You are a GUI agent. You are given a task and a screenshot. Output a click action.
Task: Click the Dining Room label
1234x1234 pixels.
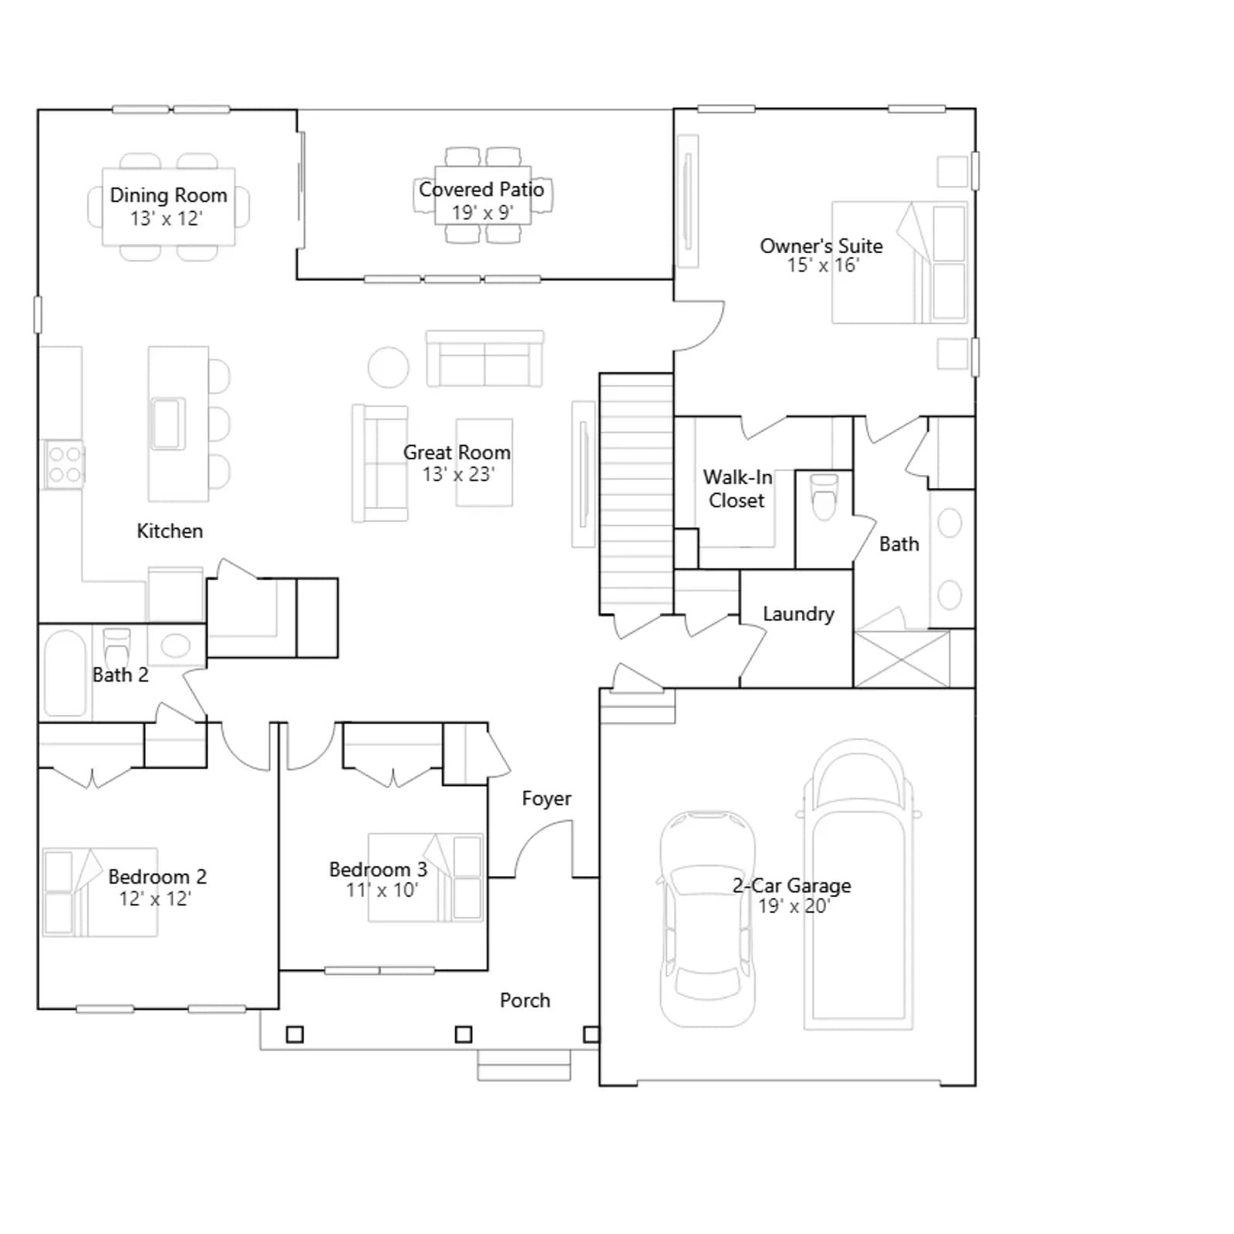(168, 195)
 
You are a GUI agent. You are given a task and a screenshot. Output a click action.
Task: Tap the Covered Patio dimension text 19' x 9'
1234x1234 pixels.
(482, 213)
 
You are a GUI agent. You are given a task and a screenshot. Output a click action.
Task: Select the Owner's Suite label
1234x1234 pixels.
(821, 246)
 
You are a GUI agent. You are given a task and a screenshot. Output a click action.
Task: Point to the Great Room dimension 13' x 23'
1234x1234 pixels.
(458, 474)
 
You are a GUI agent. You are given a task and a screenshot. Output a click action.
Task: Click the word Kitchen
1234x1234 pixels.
(170, 531)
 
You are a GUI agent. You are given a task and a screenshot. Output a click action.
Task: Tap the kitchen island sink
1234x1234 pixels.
(168, 423)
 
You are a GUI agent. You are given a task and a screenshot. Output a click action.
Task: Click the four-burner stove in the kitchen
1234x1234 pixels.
(64, 464)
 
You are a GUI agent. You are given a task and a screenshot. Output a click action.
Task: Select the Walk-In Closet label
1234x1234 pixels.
(737, 489)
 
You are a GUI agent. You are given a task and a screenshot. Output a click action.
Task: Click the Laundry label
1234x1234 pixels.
(798, 614)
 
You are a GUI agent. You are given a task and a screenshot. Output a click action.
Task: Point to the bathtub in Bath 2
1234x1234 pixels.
(65, 673)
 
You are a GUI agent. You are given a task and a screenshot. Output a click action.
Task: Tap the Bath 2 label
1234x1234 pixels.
(120, 675)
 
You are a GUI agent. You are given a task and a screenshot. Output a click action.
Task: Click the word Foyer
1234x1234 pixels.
(547, 798)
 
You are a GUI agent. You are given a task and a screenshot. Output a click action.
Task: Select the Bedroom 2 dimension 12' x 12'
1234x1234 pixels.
(154, 899)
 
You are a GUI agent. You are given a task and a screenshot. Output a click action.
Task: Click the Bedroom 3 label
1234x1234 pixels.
(378, 869)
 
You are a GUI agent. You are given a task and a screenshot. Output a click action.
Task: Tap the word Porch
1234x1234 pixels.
(525, 1000)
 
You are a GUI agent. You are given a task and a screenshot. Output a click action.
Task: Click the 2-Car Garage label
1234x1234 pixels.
(792, 885)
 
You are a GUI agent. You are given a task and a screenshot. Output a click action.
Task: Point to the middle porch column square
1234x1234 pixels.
(464, 1034)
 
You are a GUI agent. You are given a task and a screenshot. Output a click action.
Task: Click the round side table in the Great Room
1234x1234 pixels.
(389, 367)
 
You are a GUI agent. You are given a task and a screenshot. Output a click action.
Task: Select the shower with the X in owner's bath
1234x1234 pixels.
(902, 659)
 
